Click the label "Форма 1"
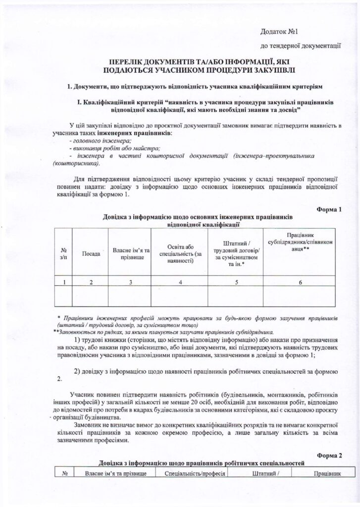click(x=329, y=209)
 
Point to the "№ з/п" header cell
click(x=63, y=253)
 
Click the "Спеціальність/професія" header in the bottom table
click(x=195, y=473)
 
